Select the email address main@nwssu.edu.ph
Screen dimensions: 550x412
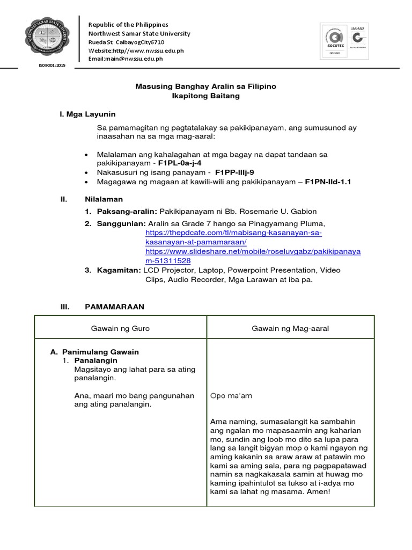(x=126, y=59)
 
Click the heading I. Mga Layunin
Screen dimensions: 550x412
(x=87, y=114)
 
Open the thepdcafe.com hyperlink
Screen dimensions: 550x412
(x=233, y=238)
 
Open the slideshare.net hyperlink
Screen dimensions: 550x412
(x=253, y=256)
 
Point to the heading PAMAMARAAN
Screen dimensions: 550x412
(x=115, y=307)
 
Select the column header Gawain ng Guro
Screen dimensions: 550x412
(x=121, y=328)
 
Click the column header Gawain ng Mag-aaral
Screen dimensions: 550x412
(x=290, y=328)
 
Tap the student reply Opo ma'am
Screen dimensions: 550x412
(x=231, y=396)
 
